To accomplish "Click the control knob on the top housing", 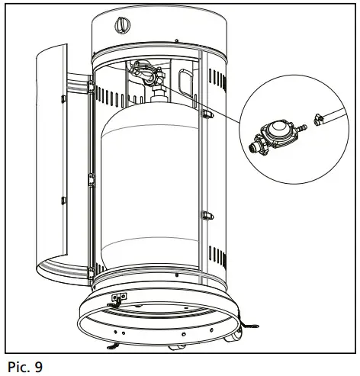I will click(x=121, y=25).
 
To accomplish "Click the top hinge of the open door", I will click(x=90, y=90).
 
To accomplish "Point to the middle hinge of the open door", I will click(x=90, y=180).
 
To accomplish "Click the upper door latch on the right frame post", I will click(x=205, y=114).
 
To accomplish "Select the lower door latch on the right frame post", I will click(x=205, y=215).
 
